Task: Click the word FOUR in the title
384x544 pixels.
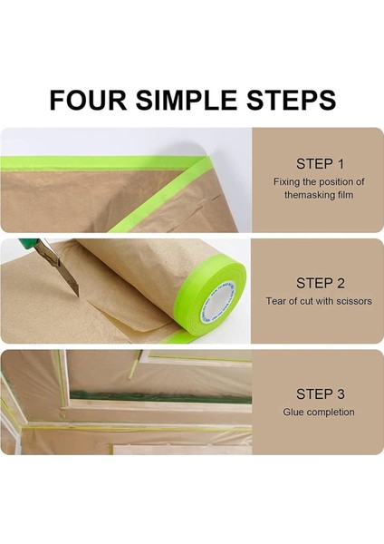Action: click(88, 100)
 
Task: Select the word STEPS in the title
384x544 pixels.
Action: click(291, 100)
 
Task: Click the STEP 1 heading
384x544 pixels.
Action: click(320, 164)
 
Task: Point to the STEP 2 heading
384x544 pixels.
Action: click(321, 283)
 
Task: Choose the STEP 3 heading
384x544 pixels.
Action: click(321, 393)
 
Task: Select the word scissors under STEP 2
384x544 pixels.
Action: click(353, 301)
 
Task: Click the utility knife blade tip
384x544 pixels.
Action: click(78, 296)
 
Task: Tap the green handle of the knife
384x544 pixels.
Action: click(28, 242)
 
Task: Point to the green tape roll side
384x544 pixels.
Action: click(212, 299)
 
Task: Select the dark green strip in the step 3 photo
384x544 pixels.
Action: click(160, 397)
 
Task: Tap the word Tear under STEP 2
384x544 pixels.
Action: click(276, 301)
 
